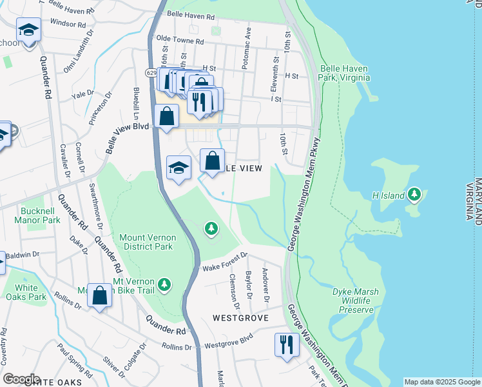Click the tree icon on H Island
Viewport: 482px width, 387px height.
click(x=415, y=194)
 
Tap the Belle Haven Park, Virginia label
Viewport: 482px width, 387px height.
click(x=344, y=73)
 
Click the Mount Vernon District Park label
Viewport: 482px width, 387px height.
click(x=147, y=242)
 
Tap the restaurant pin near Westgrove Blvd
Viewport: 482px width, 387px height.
click(x=285, y=343)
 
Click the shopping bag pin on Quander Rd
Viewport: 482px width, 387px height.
click(x=100, y=296)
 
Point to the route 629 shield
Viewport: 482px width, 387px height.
click(x=151, y=73)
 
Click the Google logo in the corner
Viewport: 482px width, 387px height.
click(x=21, y=379)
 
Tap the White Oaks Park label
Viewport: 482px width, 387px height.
click(x=26, y=292)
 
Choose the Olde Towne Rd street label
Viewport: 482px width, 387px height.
click(x=180, y=41)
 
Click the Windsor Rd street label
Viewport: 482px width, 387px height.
click(x=67, y=24)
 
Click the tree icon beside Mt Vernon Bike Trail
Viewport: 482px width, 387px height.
click(x=165, y=284)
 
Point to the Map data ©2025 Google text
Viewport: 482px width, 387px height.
click(x=442, y=382)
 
